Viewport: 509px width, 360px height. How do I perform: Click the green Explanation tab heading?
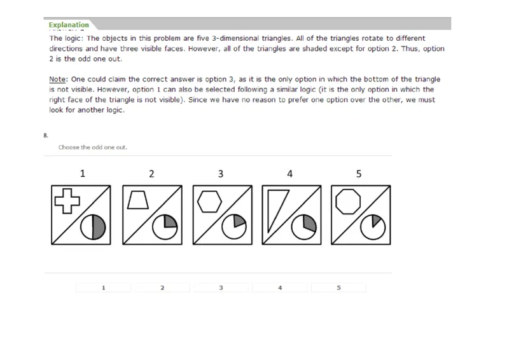[69, 25]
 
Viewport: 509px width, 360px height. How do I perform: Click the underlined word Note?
[58, 80]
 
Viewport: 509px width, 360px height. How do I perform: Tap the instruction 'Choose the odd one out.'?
[92, 148]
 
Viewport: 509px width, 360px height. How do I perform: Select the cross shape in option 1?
[67, 200]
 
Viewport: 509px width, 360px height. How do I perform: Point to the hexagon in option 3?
[207, 201]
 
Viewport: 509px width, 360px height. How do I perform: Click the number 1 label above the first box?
[82, 173]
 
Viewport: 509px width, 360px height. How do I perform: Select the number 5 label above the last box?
[359, 173]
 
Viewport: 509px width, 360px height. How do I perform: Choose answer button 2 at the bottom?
[162, 287]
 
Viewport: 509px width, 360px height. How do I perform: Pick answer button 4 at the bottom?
[280, 287]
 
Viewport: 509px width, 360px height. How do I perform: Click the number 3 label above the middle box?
[220, 173]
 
